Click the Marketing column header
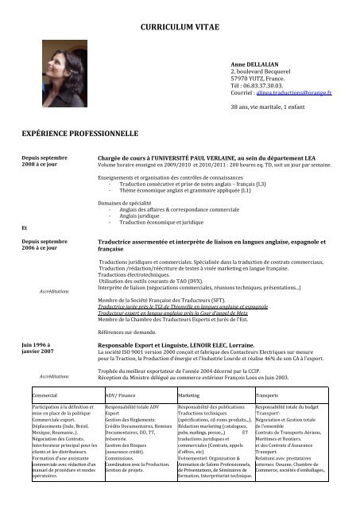pos(189,371)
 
